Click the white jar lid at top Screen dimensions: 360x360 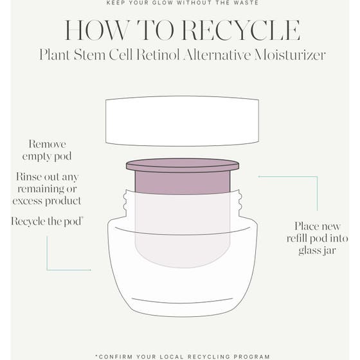182,120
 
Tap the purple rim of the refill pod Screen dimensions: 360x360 182,165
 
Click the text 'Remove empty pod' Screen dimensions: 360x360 47,150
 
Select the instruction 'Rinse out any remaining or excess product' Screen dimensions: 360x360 47,188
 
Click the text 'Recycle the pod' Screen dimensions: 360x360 47,221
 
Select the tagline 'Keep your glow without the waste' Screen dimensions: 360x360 182,3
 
